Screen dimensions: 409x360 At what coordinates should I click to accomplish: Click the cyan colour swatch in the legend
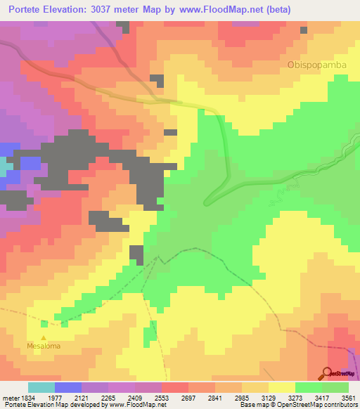41,387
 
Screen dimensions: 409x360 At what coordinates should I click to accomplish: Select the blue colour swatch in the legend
67,387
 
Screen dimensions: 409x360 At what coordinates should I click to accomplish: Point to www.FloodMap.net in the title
221,10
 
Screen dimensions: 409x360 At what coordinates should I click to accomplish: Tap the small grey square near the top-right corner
304,30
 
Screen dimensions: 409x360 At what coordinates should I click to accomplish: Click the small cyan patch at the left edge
3,167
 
